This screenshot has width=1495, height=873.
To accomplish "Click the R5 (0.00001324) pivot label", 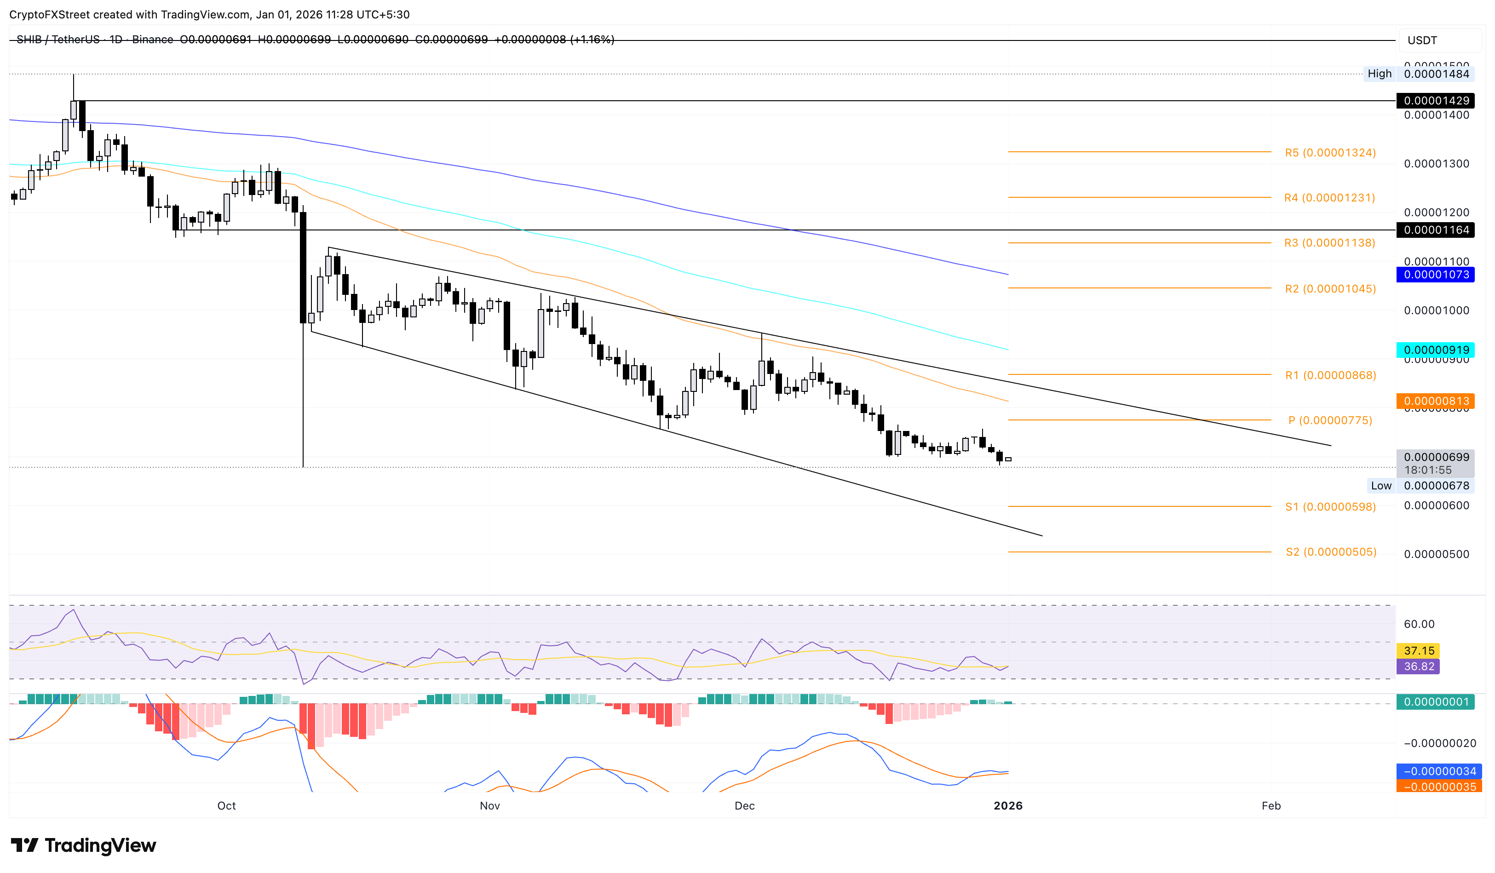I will click(x=1329, y=152).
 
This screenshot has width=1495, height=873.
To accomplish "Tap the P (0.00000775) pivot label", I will click(x=1329, y=420).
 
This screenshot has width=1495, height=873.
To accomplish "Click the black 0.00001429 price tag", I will click(x=1436, y=100).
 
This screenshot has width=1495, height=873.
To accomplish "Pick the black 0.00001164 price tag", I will click(x=1436, y=230).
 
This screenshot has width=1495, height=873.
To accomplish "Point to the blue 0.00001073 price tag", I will click(x=1436, y=274).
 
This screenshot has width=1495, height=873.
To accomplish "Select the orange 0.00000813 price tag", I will click(x=1436, y=401).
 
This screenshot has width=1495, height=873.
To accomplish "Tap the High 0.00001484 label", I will click(x=1420, y=74).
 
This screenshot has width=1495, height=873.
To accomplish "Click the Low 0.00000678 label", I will click(x=1420, y=485).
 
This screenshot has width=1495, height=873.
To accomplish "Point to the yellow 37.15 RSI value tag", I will click(x=1419, y=650).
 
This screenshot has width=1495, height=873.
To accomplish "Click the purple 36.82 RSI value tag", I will click(x=1419, y=666).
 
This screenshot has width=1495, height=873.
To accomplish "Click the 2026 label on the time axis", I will click(x=1008, y=805).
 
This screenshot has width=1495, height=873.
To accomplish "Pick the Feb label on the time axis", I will click(x=1271, y=805).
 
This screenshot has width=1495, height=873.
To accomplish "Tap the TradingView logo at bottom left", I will click(x=84, y=844).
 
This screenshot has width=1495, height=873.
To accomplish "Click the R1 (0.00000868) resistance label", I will click(x=1330, y=375).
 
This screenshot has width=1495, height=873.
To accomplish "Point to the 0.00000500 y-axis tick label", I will click(x=1436, y=554).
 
